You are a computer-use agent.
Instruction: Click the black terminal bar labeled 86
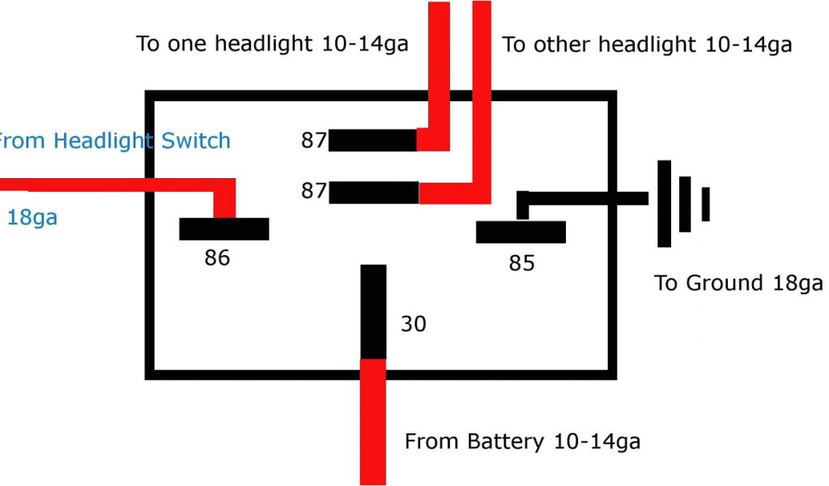pyautogui.click(x=223, y=229)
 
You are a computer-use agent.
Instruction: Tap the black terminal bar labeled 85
pyautogui.click(x=521, y=232)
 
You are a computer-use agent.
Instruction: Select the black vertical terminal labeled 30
pyautogui.click(x=373, y=311)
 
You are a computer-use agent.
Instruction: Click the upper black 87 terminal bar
pyautogui.click(x=372, y=140)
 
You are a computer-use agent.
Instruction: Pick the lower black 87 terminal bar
pyautogui.click(x=373, y=193)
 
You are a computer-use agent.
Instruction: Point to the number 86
pyautogui.click(x=217, y=258)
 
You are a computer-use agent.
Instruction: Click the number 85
pyautogui.click(x=521, y=263)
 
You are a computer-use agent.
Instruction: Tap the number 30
pyautogui.click(x=413, y=324)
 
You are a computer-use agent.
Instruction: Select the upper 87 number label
pyautogui.click(x=313, y=140)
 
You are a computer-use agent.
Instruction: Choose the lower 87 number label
pyautogui.click(x=313, y=191)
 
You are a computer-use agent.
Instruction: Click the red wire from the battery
pyautogui.click(x=373, y=421)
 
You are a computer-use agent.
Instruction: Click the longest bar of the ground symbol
pyautogui.click(x=665, y=203)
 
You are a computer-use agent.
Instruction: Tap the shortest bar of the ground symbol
pyautogui.click(x=706, y=203)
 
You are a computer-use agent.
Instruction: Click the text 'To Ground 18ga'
pyautogui.click(x=738, y=283)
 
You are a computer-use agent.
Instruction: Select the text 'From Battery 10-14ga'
pyautogui.click(x=522, y=441)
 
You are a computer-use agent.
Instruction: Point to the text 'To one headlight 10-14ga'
pyautogui.click(x=272, y=44)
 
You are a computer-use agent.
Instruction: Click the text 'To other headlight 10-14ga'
pyautogui.click(x=647, y=45)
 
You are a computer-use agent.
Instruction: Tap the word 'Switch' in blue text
pyautogui.click(x=196, y=141)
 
